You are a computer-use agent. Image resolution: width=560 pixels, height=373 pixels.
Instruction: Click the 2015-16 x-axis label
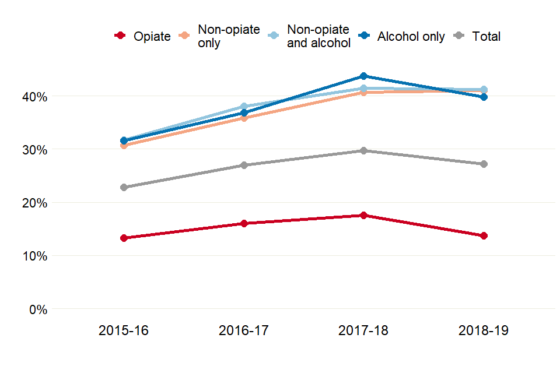click(124, 331)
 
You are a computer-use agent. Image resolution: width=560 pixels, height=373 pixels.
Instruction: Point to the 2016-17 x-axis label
click(244, 331)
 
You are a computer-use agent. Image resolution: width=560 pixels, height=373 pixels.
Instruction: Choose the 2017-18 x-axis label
click(363, 331)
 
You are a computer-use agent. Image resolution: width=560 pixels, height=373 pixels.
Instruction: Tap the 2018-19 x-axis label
click(484, 331)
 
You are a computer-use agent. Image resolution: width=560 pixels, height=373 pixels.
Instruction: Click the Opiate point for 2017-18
click(363, 215)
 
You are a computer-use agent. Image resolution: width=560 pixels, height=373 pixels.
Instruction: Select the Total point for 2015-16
click(124, 187)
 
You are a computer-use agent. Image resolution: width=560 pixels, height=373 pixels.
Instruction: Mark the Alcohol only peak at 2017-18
click(363, 76)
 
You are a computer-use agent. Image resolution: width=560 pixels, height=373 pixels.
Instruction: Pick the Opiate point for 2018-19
click(484, 235)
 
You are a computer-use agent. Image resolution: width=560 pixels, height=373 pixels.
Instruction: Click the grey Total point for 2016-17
click(244, 165)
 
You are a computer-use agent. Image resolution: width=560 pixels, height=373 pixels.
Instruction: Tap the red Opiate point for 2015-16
click(124, 238)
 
